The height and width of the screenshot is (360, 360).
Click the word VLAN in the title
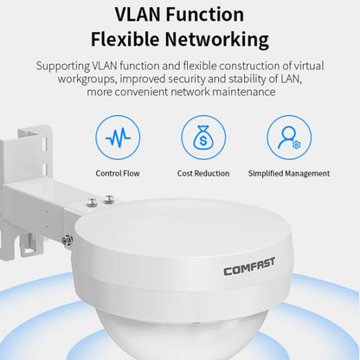coord(138,15)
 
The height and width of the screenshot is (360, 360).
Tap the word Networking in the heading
coord(217,40)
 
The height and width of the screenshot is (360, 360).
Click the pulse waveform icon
coord(118,138)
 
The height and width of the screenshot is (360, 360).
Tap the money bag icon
coord(203,138)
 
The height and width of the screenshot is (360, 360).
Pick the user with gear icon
coord(289,138)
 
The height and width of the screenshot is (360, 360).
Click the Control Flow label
coord(118,173)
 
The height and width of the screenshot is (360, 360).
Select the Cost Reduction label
coord(203,173)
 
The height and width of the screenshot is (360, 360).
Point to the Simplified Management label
coord(289,173)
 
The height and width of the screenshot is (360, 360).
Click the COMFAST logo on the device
coord(249,267)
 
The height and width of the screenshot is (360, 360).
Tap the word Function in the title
coord(205,15)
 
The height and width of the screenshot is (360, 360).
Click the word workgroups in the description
coord(87,79)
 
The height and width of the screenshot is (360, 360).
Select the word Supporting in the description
coord(63,67)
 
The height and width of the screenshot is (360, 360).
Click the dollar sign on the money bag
coord(203,141)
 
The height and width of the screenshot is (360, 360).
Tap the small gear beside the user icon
coord(297,145)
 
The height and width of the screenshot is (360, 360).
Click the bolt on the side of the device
coord(67,239)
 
